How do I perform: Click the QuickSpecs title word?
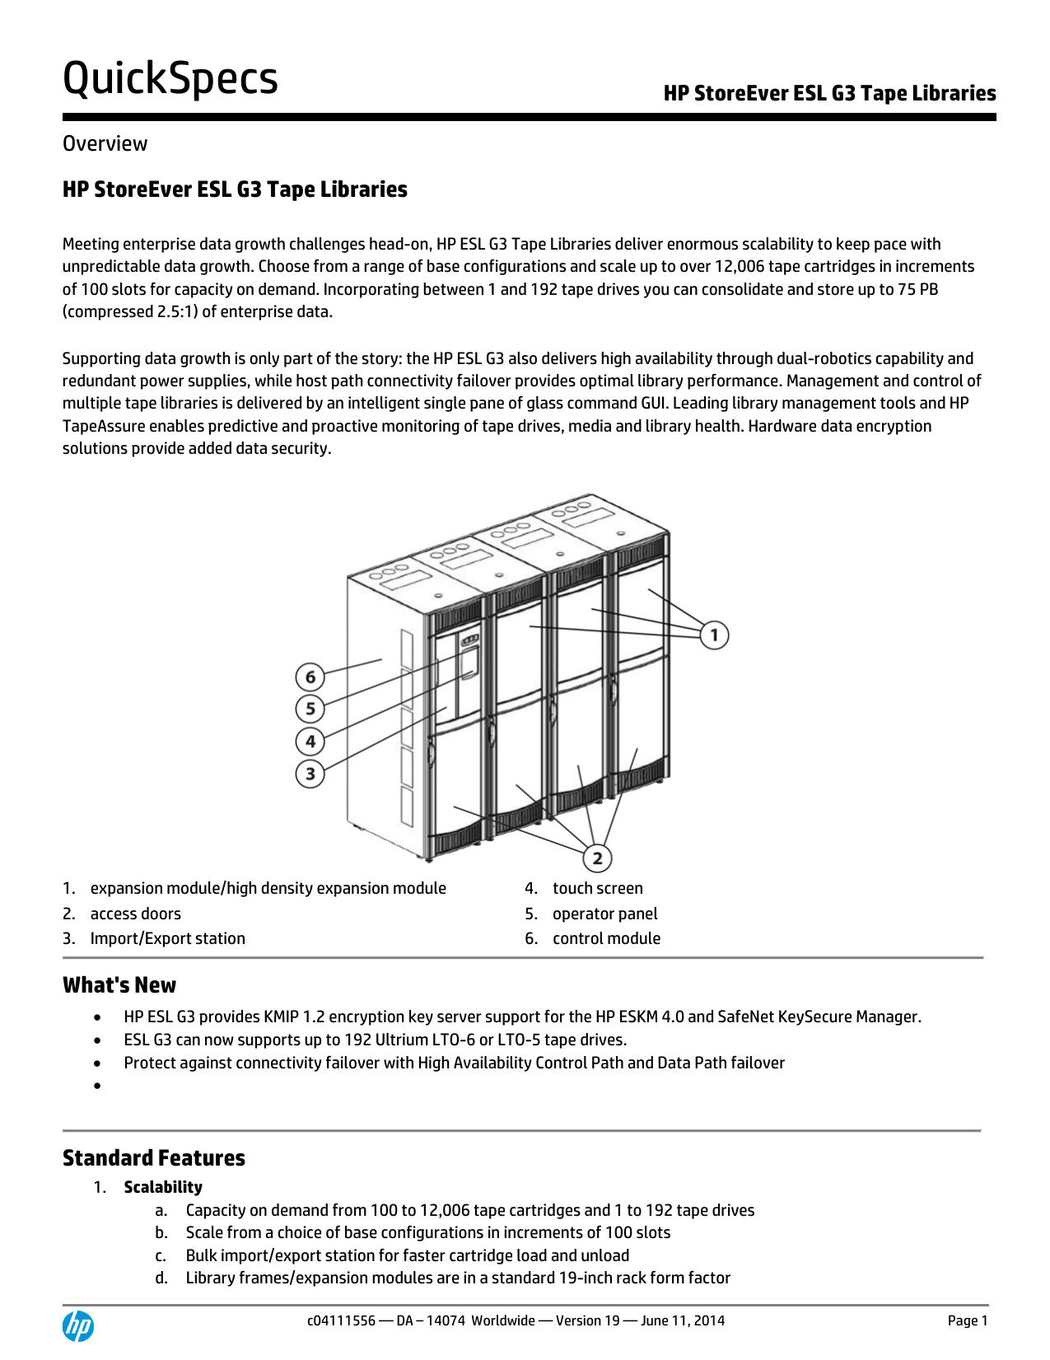pos(170,79)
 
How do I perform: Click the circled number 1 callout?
pos(714,635)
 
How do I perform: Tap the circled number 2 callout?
pos(597,858)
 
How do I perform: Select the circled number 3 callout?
pos(310,773)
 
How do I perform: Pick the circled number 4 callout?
pos(310,741)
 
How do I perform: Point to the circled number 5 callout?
pos(310,708)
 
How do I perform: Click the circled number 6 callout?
pos(310,677)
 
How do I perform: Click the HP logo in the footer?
pos(78,1325)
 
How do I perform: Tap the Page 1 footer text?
pos(967,1320)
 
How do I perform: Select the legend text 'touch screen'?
pos(597,888)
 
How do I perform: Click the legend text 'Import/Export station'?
pos(167,938)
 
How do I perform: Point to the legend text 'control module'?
pos(606,938)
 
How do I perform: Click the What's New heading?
pos(119,985)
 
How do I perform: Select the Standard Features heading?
pos(154,1158)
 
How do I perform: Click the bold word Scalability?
pos(163,1187)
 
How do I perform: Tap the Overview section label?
pos(105,143)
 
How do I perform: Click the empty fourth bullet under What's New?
pos(98,1086)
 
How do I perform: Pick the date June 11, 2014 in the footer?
pos(683,1320)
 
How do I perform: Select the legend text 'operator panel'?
pos(604,914)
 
